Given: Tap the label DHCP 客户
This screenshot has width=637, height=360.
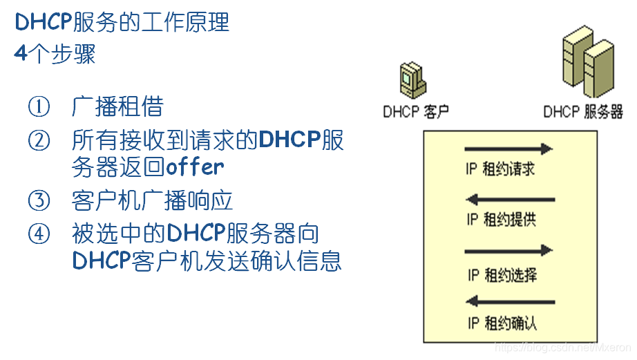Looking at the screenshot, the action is pos(416,111).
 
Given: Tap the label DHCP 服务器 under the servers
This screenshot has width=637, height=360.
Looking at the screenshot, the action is pos(583,111).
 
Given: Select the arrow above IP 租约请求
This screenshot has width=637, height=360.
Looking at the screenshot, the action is pos(509,149).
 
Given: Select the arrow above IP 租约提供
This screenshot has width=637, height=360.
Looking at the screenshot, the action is pos(511,200).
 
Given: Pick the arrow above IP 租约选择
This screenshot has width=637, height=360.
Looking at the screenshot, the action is pos(509,249).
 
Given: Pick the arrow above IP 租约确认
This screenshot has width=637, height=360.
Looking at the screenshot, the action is pos(511,301).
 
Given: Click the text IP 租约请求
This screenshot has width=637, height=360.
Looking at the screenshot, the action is pos(501,169).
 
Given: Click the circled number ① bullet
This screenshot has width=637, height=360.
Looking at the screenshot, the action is pos(39,106).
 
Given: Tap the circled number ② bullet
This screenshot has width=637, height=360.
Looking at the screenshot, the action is pos(39,140).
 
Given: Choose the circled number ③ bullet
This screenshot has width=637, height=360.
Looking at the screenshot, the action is pos(39,200).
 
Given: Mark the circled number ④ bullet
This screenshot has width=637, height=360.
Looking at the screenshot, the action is pos(39,234).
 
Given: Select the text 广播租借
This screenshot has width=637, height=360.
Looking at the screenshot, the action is pos(117,106).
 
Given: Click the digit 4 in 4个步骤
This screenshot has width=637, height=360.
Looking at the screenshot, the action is pos(21,54).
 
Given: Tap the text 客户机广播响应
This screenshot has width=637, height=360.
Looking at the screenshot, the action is pos(153,200).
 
